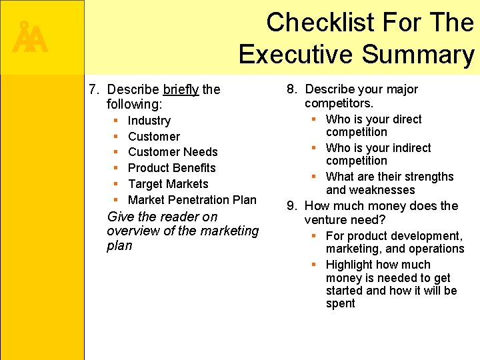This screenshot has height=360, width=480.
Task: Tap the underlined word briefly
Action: tap(181, 89)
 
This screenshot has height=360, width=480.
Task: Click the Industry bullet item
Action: tap(149, 121)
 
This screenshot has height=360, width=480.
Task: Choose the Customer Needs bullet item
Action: tap(173, 152)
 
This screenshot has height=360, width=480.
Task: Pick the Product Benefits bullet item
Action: tap(171, 168)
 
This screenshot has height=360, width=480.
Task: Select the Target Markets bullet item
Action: tap(168, 184)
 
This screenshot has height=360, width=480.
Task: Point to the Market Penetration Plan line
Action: tap(192, 199)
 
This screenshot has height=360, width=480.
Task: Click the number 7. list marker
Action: tap(95, 89)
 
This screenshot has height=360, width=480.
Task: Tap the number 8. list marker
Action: tap(293, 89)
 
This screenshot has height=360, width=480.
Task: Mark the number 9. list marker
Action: tap(293, 206)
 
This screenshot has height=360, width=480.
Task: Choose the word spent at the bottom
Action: tap(340, 304)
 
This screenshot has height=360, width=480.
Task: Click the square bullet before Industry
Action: tap(116, 121)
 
